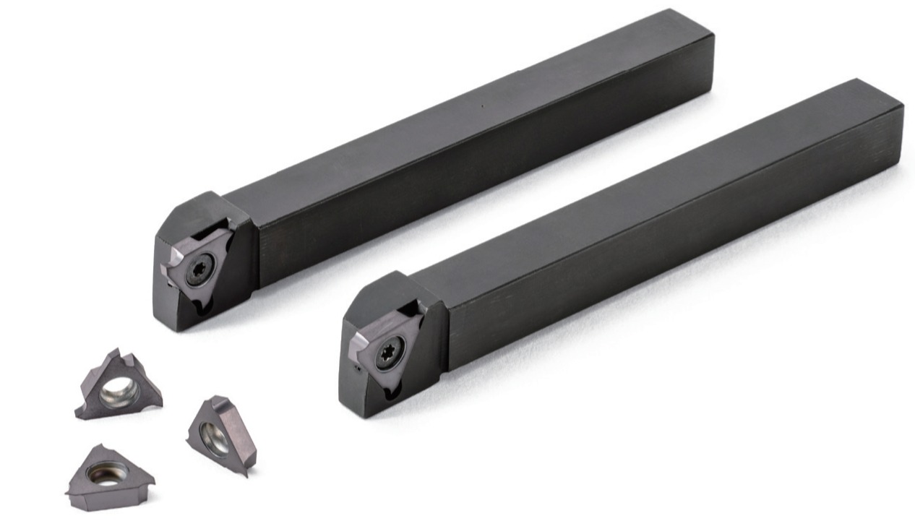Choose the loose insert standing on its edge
point(220,434)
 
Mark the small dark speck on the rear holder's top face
point(483,106)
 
